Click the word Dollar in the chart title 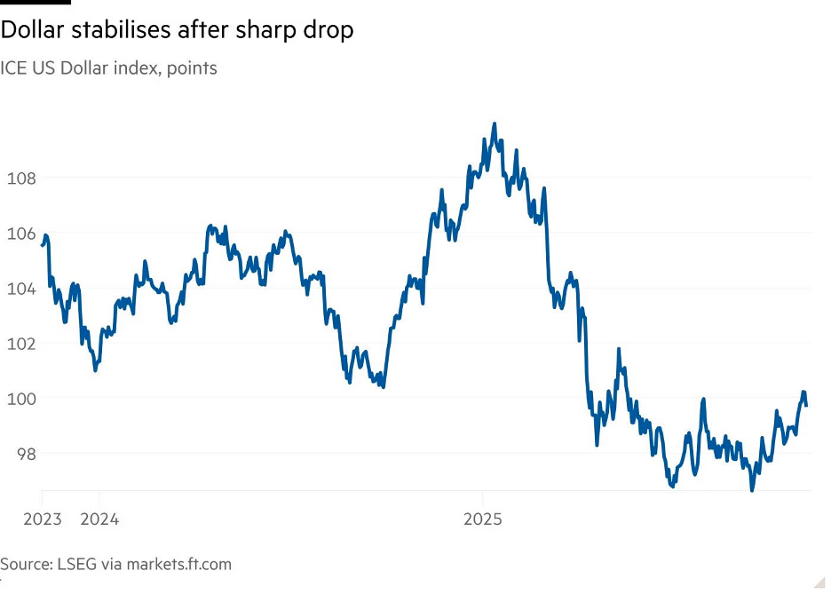coord(32,29)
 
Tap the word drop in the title coord(328,29)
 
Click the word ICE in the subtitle coord(13,67)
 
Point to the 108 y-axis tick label coord(20,178)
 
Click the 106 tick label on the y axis coord(20,234)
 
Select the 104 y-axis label coord(20,289)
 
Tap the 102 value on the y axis coord(20,344)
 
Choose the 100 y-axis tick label coord(20,399)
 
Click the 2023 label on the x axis coord(42,519)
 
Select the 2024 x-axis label coord(99,519)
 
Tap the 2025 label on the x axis coord(482,519)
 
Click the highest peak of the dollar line coord(495,124)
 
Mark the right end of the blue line coord(806,405)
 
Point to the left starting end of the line coord(43,245)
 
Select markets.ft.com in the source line coord(179,564)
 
